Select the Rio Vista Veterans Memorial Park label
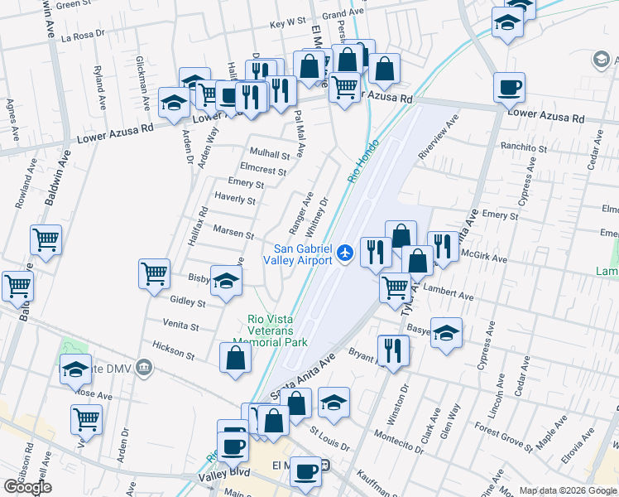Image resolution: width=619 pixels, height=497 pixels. point(277,331)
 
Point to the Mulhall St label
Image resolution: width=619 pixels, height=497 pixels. point(271,154)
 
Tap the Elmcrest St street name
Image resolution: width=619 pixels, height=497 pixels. point(262,171)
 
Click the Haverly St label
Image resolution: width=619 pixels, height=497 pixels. point(235,200)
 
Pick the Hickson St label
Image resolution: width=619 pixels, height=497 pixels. point(173,350)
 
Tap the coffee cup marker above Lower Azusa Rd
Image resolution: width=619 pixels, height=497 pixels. point(510,86)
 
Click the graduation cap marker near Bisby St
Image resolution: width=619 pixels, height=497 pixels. point(226,280)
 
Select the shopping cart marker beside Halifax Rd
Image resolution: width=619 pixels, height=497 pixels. point(154,273)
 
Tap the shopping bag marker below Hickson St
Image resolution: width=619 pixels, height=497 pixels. point(235,358)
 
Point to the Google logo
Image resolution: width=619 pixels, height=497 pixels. point(27,487)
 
